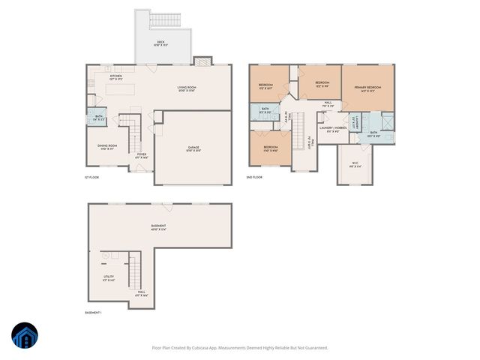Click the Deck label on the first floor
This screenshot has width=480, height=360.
(161, 43)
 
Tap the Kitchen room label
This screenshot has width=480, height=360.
(115, 77)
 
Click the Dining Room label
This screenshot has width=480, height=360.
(106, 147)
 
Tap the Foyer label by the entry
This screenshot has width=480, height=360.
(141, 157)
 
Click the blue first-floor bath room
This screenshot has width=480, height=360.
(98, 117)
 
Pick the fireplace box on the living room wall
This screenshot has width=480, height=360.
(200, 62)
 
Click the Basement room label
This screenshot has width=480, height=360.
(158, 227)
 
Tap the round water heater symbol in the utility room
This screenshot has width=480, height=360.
(106, 256)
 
